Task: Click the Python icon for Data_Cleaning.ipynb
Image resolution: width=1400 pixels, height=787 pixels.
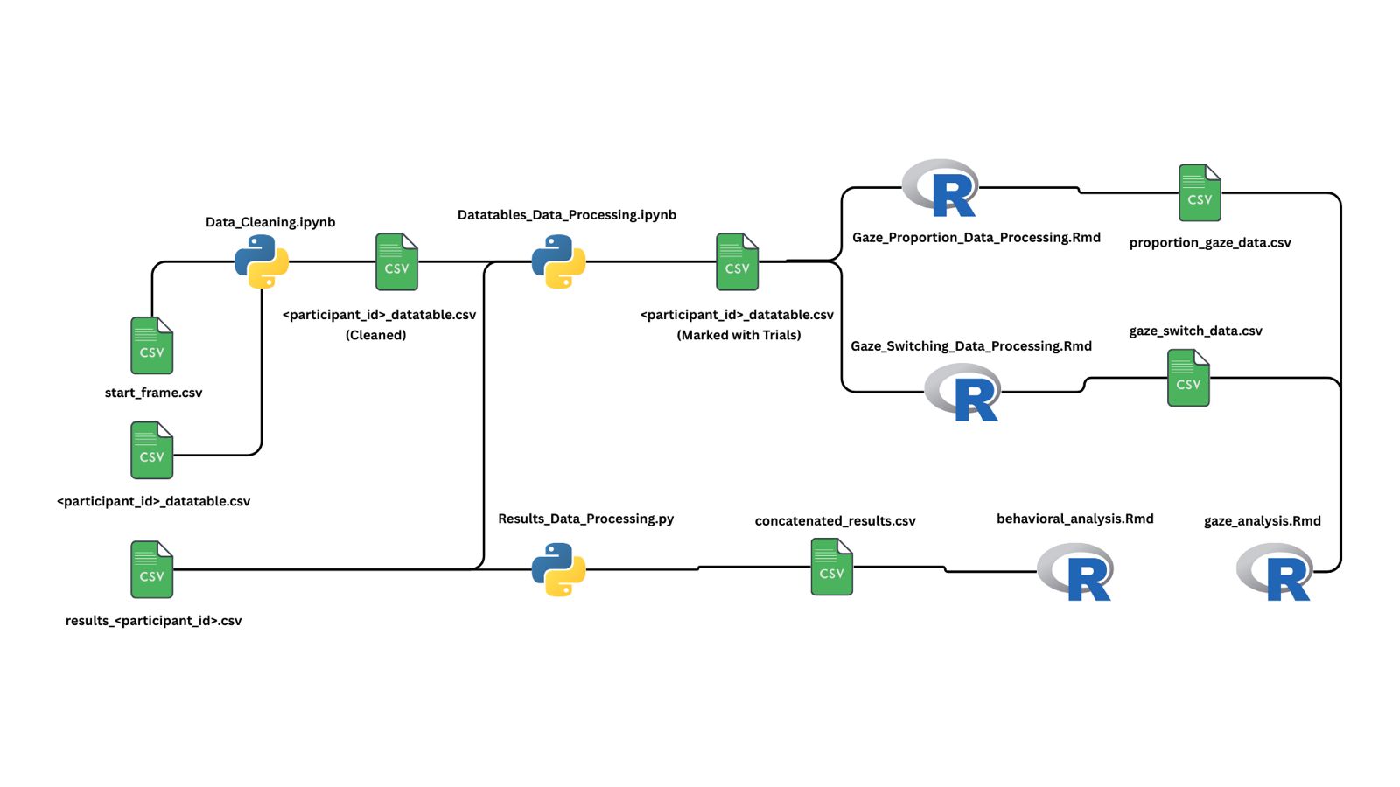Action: point(262,261)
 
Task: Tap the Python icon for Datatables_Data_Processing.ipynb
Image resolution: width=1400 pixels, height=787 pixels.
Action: point(558,261)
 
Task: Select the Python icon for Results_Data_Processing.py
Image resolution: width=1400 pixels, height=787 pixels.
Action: point(558,569)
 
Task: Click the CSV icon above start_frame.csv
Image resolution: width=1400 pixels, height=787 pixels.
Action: point(152,345)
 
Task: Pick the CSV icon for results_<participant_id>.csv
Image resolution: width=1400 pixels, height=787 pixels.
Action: point(152,569)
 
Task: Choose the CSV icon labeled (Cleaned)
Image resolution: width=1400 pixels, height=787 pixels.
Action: point(396,261)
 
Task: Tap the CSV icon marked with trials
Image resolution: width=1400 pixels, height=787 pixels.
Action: point(737,261)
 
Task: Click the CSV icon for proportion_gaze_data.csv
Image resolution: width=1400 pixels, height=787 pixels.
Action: point(1200,192)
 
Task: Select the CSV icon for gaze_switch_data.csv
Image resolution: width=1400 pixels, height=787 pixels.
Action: point(1188,378)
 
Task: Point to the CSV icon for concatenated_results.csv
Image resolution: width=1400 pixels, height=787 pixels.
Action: point(831,567)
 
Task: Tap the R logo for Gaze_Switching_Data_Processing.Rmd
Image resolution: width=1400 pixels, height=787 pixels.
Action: point(963,393)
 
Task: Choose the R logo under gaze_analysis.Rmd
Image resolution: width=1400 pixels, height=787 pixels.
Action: point(1276,572)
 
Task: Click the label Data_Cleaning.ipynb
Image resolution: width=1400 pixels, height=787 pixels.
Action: point(270,222)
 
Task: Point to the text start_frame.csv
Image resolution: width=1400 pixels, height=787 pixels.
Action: point(153,393)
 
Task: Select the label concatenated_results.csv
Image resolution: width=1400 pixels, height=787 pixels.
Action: point(835,521)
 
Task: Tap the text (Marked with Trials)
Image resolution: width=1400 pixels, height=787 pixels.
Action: point(738,335)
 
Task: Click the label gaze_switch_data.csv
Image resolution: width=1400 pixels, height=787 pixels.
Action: point(1195,331)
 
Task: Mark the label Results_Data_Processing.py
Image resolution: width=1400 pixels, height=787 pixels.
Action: point(585,519)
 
